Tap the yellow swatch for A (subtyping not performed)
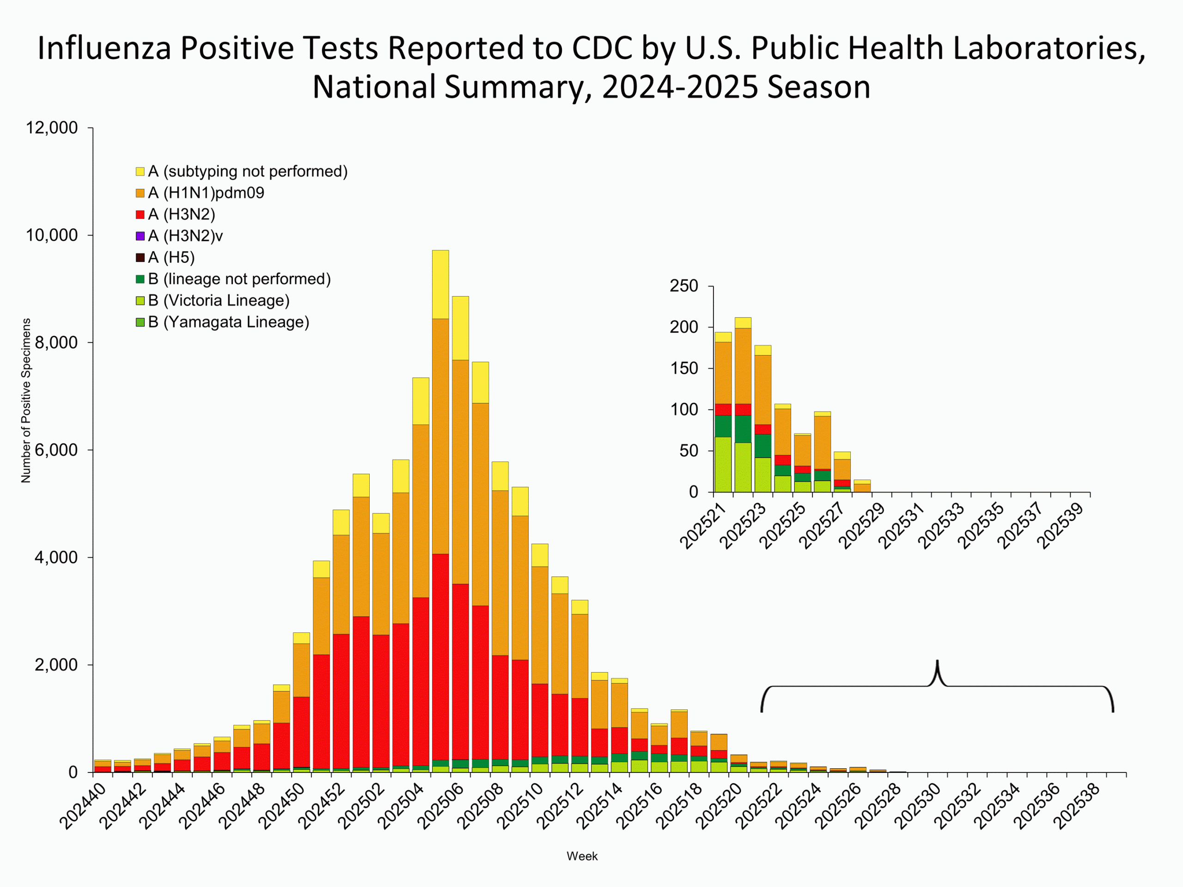pos(140,172)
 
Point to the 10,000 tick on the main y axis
pos(52,235)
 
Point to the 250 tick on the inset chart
pos(684,286)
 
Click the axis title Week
pos(582,856)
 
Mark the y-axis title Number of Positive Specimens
pos(26,401)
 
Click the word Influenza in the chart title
pos(104,48)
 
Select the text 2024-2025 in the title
pos(681,86)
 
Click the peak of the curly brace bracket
pos(937,663)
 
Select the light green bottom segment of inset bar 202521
pos(723,465)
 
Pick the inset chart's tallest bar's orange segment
pos(743,366)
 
